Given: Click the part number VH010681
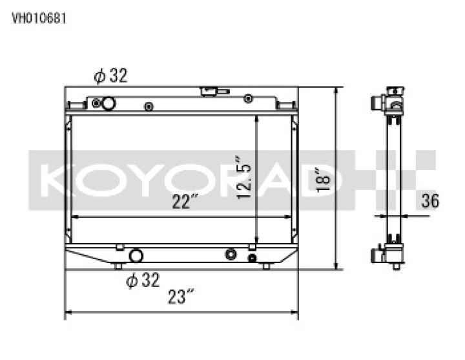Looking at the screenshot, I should (x=39, y=18).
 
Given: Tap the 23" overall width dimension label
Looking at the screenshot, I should (x=181, y=297).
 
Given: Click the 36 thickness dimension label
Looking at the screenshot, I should (x=429, y=201).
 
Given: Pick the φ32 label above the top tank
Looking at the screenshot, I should (x=110, y=76).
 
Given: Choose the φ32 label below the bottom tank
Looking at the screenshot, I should (x=142, y=280).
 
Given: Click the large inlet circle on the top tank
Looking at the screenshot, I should (x=108, y=103).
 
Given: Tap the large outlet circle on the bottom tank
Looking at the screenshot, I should (x=136, y=256).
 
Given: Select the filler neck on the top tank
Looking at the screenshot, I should (x=211, y=91).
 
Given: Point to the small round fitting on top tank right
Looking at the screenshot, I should (x=248, y=99).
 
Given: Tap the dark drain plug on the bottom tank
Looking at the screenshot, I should (x=252, y=258).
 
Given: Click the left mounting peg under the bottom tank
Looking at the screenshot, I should (x=118, y=266).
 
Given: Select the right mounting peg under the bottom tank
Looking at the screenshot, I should (x=265, y=266).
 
